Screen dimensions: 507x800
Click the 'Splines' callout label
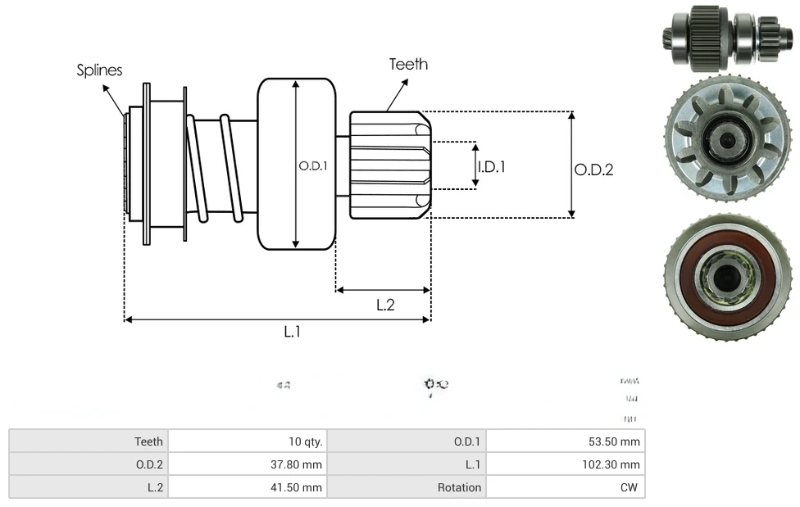pos(99,70)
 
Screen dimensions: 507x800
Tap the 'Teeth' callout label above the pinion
pos(408,64)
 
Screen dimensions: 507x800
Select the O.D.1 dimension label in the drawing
pos(312,165)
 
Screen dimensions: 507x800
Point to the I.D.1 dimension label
pos(492,166)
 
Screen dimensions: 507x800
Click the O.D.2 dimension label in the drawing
pos(593,170)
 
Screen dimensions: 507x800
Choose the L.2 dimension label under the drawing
pos(385,305)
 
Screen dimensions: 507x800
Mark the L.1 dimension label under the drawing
pos(293,332)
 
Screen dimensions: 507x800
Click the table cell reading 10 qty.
pos(305,441)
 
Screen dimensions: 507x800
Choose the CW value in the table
pos(630,487)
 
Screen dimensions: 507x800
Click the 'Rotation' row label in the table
pos(459,487)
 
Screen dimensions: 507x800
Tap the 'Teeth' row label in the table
pos(148,441)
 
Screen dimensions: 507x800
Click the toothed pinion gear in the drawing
pos(389,165)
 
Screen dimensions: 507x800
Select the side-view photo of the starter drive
pos(725,36)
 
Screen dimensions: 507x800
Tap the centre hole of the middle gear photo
pos(726,142)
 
